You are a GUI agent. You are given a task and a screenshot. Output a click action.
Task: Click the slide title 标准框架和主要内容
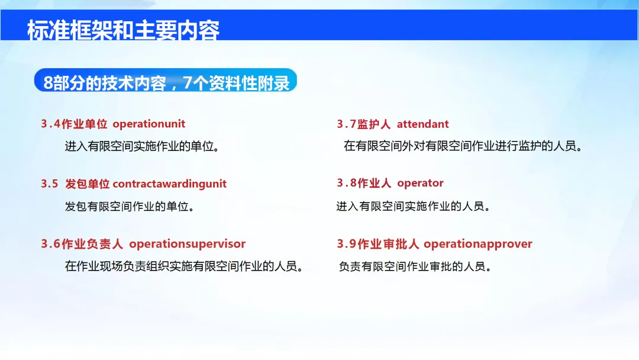coord(123,31)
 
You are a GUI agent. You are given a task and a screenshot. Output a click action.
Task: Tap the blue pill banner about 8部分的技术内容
coord(166,81)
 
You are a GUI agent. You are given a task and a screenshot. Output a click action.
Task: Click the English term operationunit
coord(149,124)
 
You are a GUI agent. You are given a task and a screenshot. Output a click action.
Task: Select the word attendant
coord(422,124)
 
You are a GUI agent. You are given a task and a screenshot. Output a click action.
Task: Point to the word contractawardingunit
coord(170,184)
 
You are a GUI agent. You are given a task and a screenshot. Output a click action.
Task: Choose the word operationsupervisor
coord(188,244)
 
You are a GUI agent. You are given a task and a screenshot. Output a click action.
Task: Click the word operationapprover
coord(477,244)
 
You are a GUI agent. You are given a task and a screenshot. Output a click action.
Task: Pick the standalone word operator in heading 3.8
coord(420,183)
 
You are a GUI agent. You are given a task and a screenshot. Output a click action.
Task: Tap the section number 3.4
coord(50,124)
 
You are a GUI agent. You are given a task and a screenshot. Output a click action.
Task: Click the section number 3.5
coord(49,184)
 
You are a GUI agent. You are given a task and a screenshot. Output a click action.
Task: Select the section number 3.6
coord(50,244)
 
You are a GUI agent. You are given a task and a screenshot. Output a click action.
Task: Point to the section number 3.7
coord(346,124)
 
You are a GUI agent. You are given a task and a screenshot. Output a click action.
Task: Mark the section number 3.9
coord(346,244)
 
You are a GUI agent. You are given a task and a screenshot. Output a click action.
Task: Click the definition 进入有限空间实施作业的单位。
coord(142,146)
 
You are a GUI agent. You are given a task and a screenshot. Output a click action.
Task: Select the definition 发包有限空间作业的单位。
coord(130,206)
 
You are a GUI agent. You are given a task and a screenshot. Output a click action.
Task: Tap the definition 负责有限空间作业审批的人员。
coord(415,266)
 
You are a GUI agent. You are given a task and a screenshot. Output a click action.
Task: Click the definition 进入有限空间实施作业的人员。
coord(413,206)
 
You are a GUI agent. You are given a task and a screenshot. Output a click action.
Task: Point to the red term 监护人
coord(374,124)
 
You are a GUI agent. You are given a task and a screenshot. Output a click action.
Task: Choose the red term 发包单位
coord(87,184)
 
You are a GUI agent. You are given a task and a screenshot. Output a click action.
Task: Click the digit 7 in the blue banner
coord(188,83)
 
